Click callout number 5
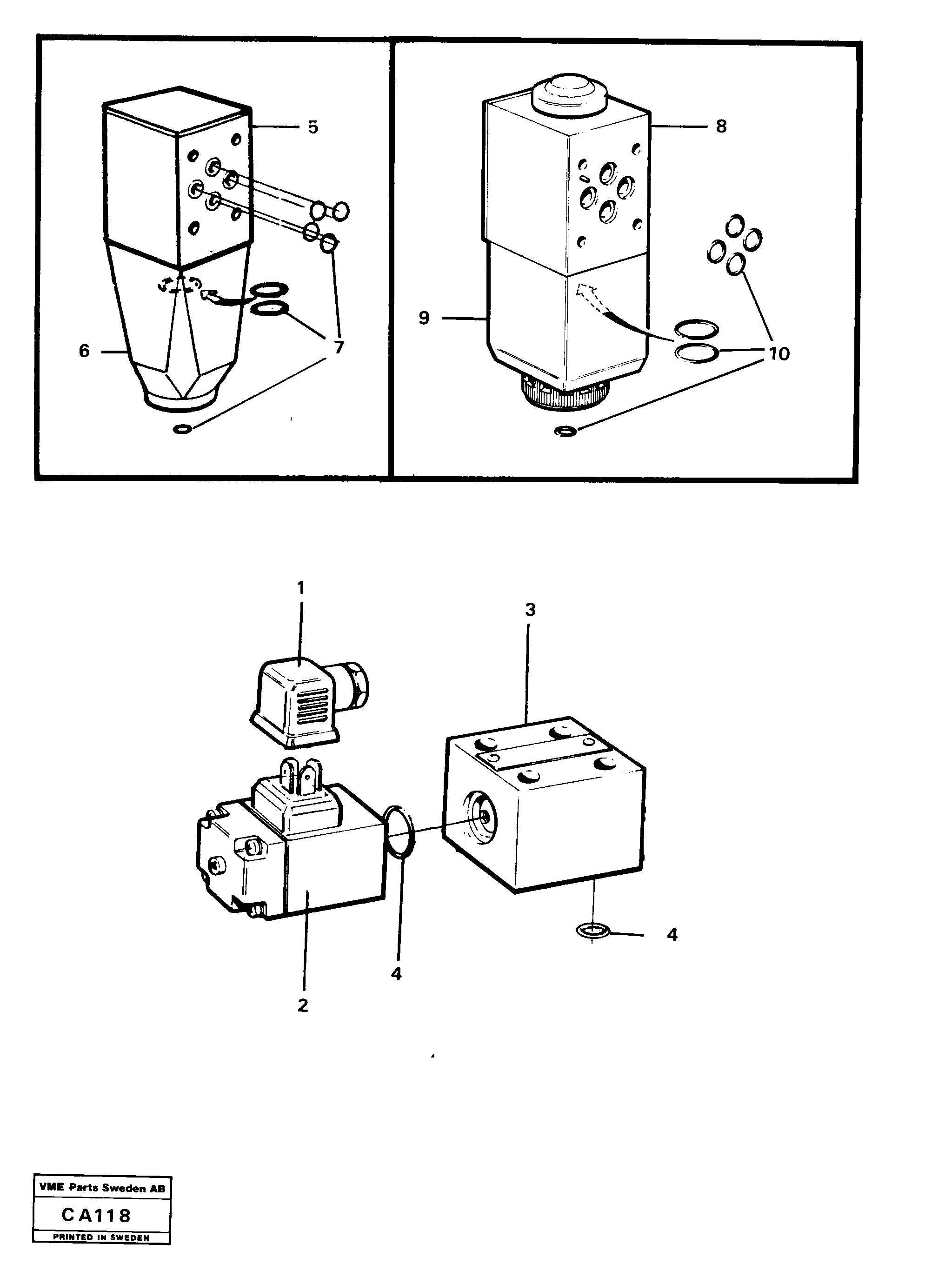click(x=313, y=127)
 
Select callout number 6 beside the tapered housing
click(x=84, y=351)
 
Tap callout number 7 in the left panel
click(x=339, y=347)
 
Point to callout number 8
click(x=721, y=126)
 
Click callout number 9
click(x=424, y=318)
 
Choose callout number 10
click(x=779, y=354)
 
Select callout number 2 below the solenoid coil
click(x=303, y=1006)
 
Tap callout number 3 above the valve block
click(x=530, y=610)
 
